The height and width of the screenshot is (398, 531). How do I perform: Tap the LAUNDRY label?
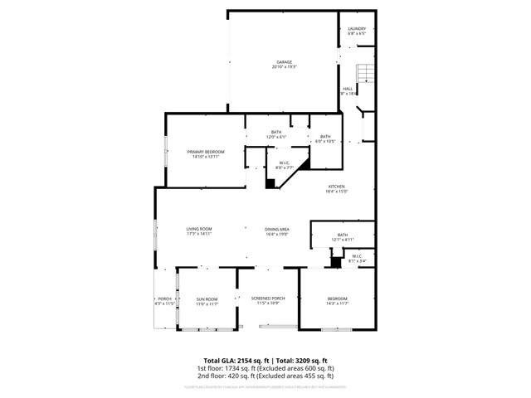tap(357, 31)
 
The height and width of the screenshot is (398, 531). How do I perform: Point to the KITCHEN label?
tap(336, 188)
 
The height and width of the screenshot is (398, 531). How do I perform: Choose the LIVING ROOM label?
tap(199, 231)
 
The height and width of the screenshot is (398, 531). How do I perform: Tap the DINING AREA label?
tap(276, 231)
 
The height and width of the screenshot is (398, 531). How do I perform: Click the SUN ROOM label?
tap(207, 301)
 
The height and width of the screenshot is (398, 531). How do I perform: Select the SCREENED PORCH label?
tap(267, 300)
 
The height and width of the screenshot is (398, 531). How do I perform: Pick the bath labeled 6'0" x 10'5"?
tap(325, 138)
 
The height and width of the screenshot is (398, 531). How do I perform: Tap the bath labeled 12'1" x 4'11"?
tap(343, 236)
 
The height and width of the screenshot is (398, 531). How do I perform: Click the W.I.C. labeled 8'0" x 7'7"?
tap(284, 165)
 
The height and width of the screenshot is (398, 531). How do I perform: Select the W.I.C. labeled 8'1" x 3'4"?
tap(356, 258)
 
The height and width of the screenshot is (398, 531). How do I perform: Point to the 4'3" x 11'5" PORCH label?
tap(164, 301)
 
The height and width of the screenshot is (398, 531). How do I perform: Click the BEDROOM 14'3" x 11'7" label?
tap(337, 301)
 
